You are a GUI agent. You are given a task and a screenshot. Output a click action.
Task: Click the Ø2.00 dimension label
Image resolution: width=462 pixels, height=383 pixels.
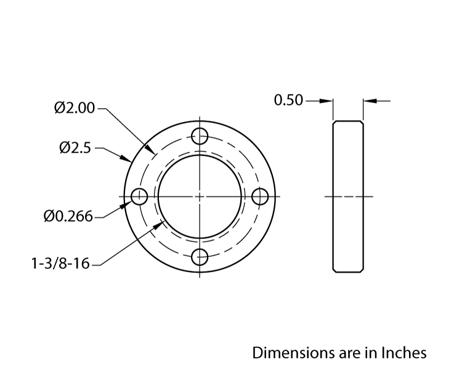pos(74,108)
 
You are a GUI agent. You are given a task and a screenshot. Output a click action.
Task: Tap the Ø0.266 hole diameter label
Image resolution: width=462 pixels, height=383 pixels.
pos(68,216)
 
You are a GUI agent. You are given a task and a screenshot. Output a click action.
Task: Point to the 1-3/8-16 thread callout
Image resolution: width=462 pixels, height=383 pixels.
pos(60,264)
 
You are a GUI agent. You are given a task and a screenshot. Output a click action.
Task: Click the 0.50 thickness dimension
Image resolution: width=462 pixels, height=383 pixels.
pos(288,100)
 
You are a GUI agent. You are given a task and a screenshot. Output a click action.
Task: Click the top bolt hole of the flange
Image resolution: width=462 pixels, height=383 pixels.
pos(200,135)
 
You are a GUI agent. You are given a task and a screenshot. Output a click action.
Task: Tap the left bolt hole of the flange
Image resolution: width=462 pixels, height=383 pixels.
pos(139,196)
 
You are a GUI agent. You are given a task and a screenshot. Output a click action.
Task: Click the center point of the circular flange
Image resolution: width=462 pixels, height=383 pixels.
pos(200,196)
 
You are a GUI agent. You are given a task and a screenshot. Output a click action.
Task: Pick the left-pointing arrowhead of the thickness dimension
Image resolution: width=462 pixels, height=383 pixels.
pos(368,100)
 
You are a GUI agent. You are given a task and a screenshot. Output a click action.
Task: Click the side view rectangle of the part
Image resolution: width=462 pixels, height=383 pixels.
pos(348,196)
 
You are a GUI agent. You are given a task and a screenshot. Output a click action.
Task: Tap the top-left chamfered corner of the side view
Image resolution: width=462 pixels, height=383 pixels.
pos(334,123)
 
